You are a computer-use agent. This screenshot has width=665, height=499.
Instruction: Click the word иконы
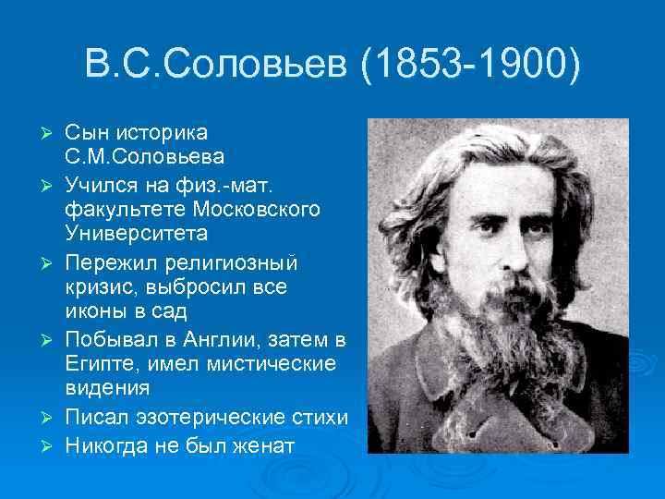[99, 310]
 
